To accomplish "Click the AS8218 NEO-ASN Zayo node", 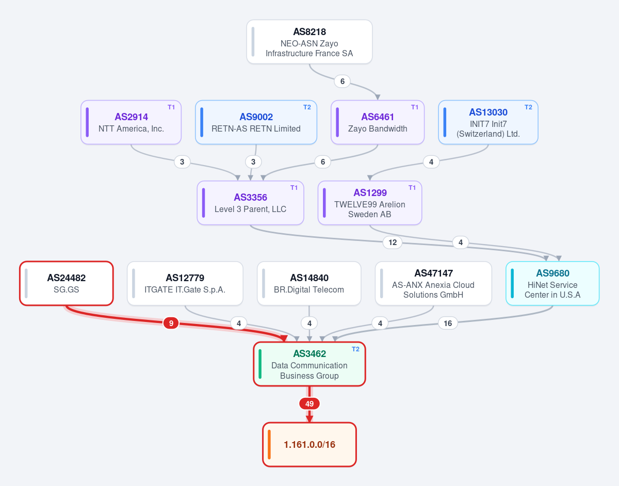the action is [309, 42].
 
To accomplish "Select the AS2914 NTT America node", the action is [131, 122].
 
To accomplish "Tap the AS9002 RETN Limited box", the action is [256, 122].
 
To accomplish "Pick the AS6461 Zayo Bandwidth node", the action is [378, 122].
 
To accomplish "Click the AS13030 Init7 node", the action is [488, 122].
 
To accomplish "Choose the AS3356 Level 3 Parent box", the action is [250, 203].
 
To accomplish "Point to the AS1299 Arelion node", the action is [370, 203].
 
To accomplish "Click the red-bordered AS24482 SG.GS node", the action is [67, 283].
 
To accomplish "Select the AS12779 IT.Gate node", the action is [185, 283].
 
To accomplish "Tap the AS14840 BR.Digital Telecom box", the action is [309, 283].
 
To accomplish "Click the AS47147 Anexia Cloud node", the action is [433, 283].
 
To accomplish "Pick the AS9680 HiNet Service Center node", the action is [552, 283].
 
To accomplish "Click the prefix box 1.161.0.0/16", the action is [309, 445].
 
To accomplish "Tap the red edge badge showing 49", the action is [309, 403].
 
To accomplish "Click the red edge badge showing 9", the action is [171, 323].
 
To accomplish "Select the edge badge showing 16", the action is [448, 323].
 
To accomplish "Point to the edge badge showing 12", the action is [393, 242].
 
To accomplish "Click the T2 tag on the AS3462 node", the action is [355, 349].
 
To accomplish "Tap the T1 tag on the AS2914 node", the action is [171, 107].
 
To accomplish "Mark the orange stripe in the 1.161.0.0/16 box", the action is [269, 445].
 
